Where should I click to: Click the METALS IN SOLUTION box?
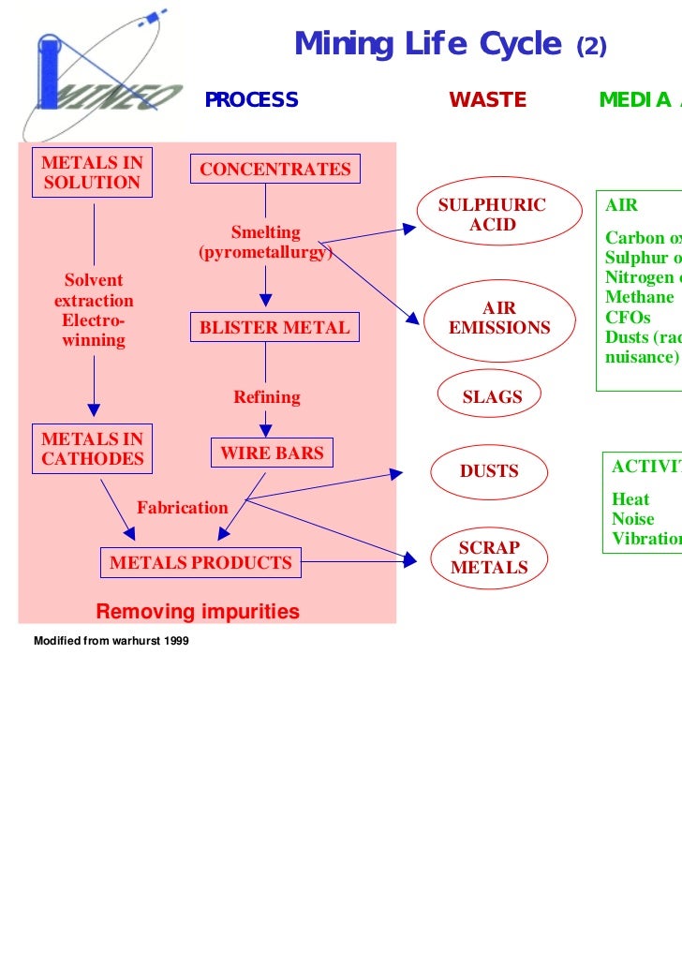92,172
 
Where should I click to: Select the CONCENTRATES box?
274,170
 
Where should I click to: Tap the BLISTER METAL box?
274,328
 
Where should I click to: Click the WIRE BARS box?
271,453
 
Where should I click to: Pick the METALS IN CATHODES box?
92,449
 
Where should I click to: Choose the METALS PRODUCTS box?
200,563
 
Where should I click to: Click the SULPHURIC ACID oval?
492,215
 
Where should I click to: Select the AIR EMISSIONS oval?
499,319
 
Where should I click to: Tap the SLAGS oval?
492,397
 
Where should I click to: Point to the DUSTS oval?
489,471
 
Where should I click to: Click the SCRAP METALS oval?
489,557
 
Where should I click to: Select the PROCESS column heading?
251,100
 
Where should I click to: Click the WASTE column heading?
487,100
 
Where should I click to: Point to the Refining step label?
267,397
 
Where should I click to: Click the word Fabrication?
183,508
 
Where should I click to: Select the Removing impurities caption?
198,613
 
